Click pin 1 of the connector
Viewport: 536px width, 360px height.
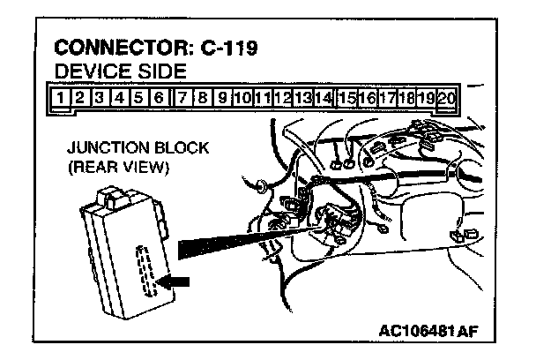click(x=58, y=96)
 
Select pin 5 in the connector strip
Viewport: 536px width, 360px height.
click(x=138, y=96)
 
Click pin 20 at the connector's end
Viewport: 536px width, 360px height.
click(x=447, y=96)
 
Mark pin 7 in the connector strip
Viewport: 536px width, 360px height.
click(x=181, y=96)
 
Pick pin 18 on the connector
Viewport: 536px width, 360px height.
click(x=407, y=96)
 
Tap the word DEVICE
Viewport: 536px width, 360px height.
click(x=86, y=70)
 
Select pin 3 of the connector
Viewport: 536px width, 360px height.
click(x=99, y=96)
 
